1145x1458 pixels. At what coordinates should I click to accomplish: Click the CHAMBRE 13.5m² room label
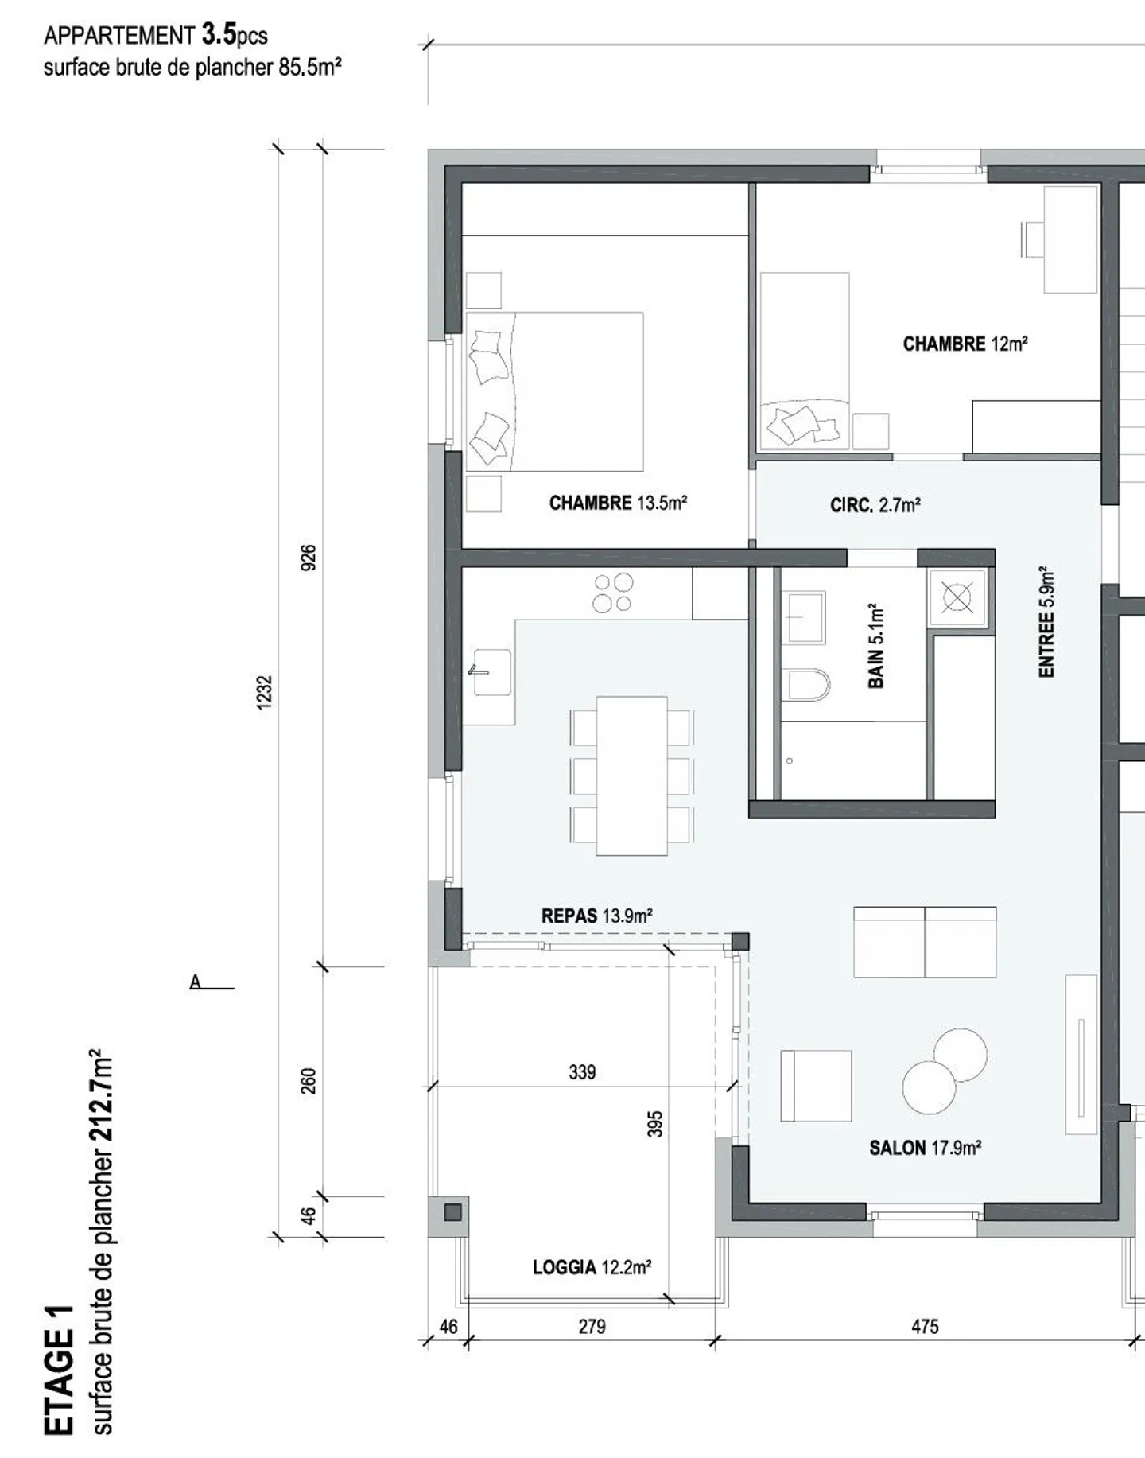(618, 503)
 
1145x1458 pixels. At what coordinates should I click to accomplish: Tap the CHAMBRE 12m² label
(965, 344)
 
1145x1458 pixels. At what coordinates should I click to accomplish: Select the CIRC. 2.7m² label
(875, 505)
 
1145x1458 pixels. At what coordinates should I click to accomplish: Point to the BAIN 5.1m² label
(875, 646)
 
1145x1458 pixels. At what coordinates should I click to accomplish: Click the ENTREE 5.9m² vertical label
(1046, 622)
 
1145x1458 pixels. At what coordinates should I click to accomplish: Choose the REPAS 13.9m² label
(596, 916)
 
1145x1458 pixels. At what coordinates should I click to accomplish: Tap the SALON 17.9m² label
(925, 1148)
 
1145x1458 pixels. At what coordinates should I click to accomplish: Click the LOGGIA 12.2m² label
(592, 1267)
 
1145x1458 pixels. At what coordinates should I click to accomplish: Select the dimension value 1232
(264, 692)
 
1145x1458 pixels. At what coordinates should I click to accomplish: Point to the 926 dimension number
(309, 557)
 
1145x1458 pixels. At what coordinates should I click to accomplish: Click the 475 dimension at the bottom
(925, 1327)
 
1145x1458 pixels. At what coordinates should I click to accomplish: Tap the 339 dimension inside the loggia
(582, 1072)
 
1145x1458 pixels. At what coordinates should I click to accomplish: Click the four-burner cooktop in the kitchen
(613, 593)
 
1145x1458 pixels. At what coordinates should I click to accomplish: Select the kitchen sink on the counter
(491, 672)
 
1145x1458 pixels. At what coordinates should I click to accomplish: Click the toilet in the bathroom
(809, 684)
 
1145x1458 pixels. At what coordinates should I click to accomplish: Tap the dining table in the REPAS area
(631, 776)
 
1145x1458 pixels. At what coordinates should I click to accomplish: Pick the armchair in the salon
(816, 1086)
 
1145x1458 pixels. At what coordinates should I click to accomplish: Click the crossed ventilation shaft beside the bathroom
(957, 597)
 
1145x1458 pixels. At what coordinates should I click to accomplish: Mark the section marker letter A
(196, 982)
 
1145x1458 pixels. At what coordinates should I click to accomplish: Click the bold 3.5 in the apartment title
(219, 34)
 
